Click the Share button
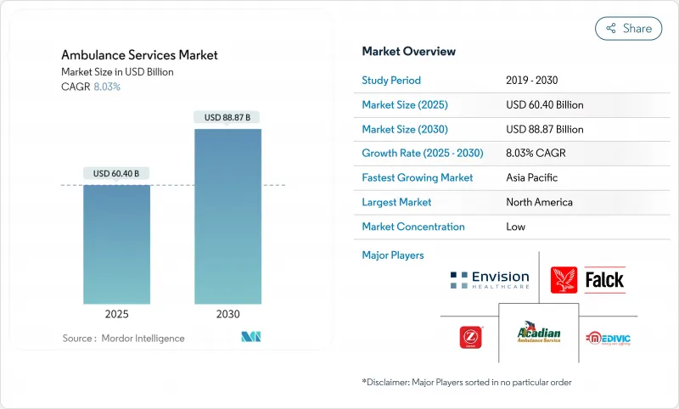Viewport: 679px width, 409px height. [628, 28]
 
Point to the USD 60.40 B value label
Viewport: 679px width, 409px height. [116, 173]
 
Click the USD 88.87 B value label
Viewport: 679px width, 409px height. [227, 117]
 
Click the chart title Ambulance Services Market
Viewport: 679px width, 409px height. [139, 55]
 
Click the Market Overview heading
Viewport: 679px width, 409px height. [408, 52]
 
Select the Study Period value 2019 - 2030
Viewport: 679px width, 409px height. [532, 81]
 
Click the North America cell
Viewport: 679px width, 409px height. [539, 202]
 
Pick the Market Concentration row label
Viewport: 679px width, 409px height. [413, 227]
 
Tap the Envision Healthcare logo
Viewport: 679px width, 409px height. [490, 280]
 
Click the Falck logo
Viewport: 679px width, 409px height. [587, 280]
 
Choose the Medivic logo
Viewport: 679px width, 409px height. [607, 338]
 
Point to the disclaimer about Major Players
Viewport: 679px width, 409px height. [466, 383]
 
